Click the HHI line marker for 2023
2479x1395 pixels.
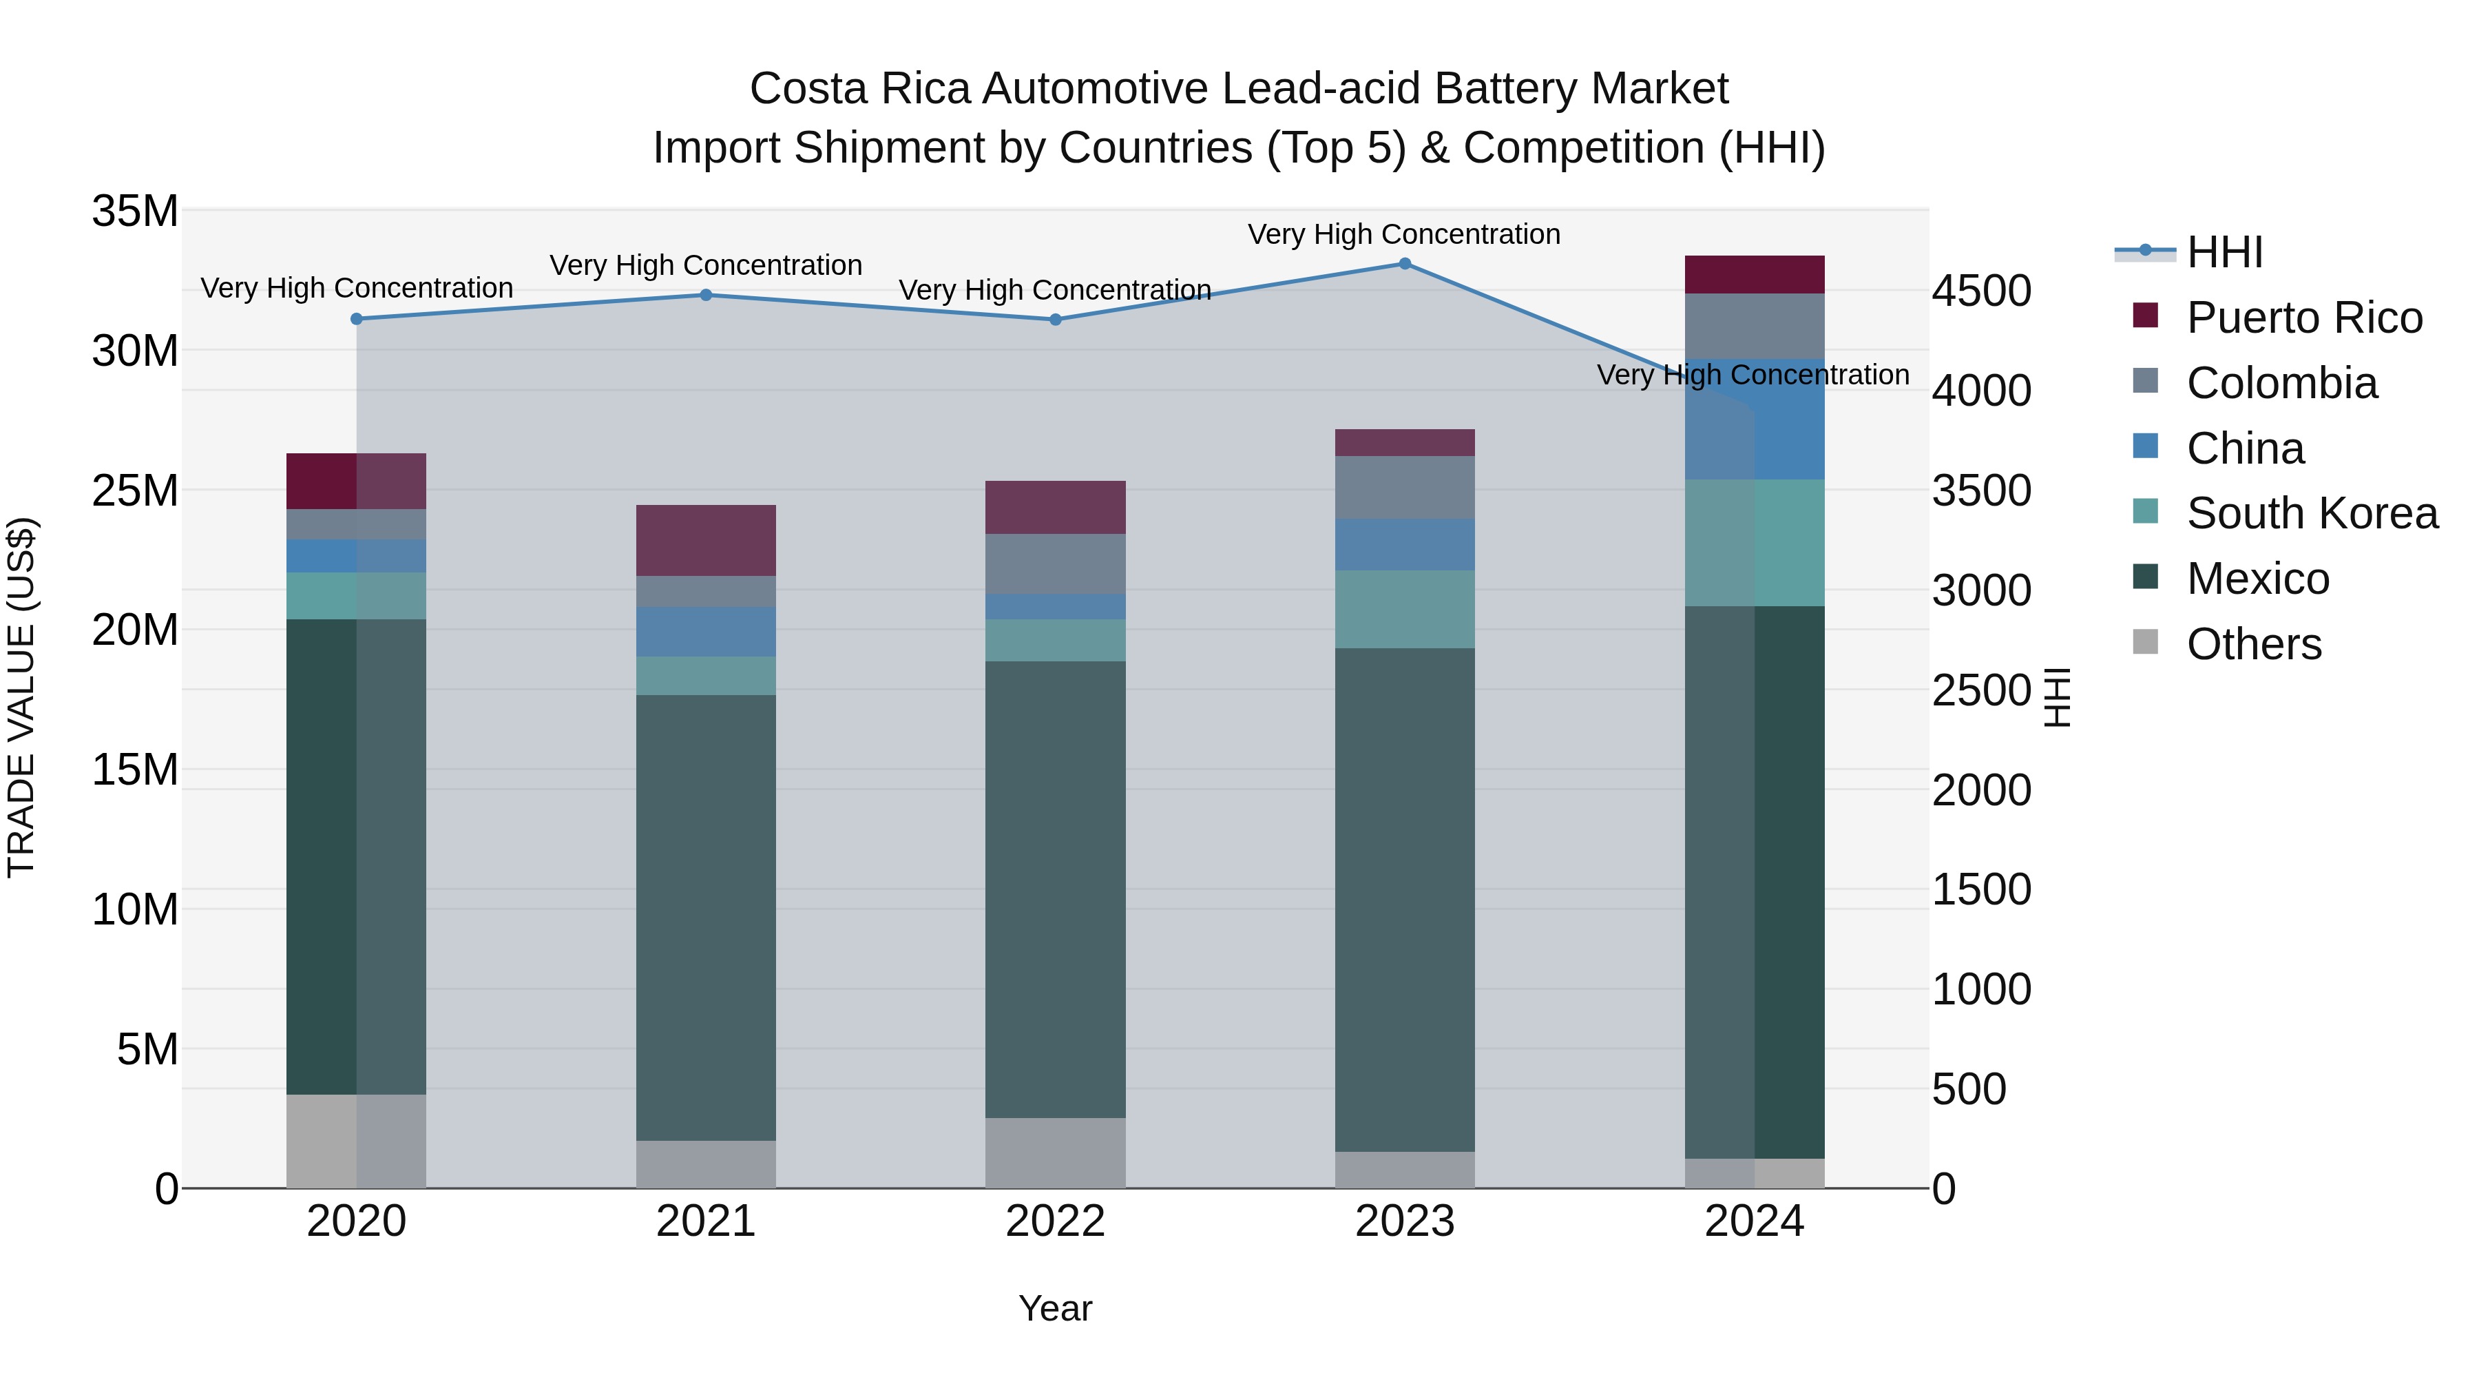1404,264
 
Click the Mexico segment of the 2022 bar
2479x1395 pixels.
1055,889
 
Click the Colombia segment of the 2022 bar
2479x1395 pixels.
1055,564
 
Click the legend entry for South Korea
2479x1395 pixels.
2312,513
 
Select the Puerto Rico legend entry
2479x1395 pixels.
2304,318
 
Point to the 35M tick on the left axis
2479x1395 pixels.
135,211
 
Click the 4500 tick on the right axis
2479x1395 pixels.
1980,291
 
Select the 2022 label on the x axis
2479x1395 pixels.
1055,1221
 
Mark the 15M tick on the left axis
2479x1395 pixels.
135,770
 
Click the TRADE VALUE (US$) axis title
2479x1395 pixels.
21,697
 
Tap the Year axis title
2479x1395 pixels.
1055,1308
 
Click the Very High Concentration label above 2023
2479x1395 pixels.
1404,234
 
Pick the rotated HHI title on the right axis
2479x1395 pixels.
2056,697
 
